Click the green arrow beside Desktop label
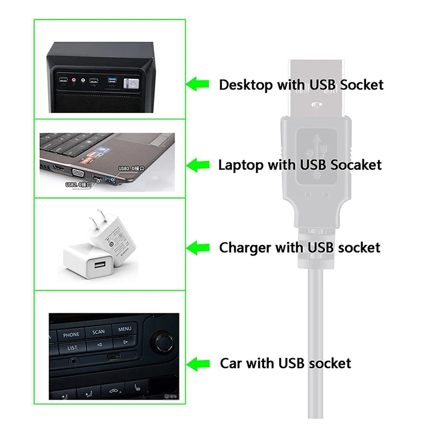pyautogui.click(x=198, y=84)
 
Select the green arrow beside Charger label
pyautogui.click(x=198, y=247)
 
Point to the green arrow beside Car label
pyautogui.click(x=198, y=363)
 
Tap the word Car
pyautogui.click(x=231, y=363)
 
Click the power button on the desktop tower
pyautogui.click(x=130, y=83)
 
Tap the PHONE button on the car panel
pyautogui.click(x=71, y=334)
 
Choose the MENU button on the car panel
pyautogui.click(x=125, y=328)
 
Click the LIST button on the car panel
pyautogui.click(x=72, y=347)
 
